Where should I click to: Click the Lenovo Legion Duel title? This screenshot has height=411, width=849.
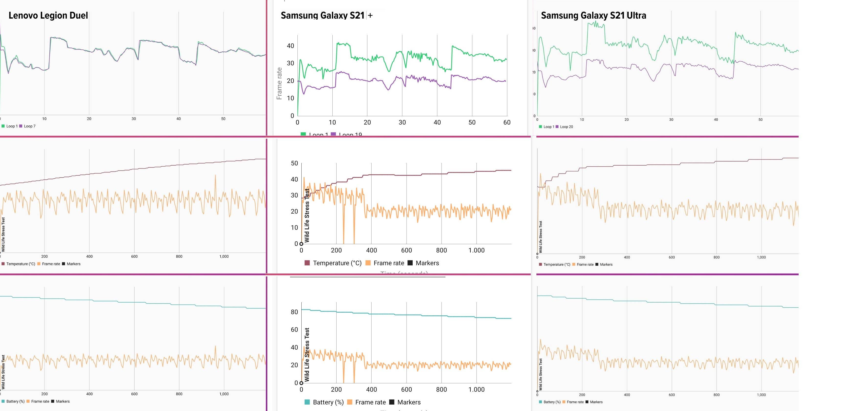48,15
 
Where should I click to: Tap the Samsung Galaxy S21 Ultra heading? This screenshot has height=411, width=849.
593,15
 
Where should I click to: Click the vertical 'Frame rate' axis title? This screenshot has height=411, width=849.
279,83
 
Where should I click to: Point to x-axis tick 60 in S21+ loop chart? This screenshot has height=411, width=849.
507,123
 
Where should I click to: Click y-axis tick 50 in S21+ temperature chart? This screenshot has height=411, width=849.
294,163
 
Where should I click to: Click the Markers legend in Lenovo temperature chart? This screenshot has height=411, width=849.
73,264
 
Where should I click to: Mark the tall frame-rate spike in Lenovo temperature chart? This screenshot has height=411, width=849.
215,176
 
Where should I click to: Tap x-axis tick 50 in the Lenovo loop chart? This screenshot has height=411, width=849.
223,119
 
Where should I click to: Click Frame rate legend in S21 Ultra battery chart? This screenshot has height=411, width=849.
575,402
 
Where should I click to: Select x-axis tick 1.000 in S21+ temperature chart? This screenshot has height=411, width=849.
476,251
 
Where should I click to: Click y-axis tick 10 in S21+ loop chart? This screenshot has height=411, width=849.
290,98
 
